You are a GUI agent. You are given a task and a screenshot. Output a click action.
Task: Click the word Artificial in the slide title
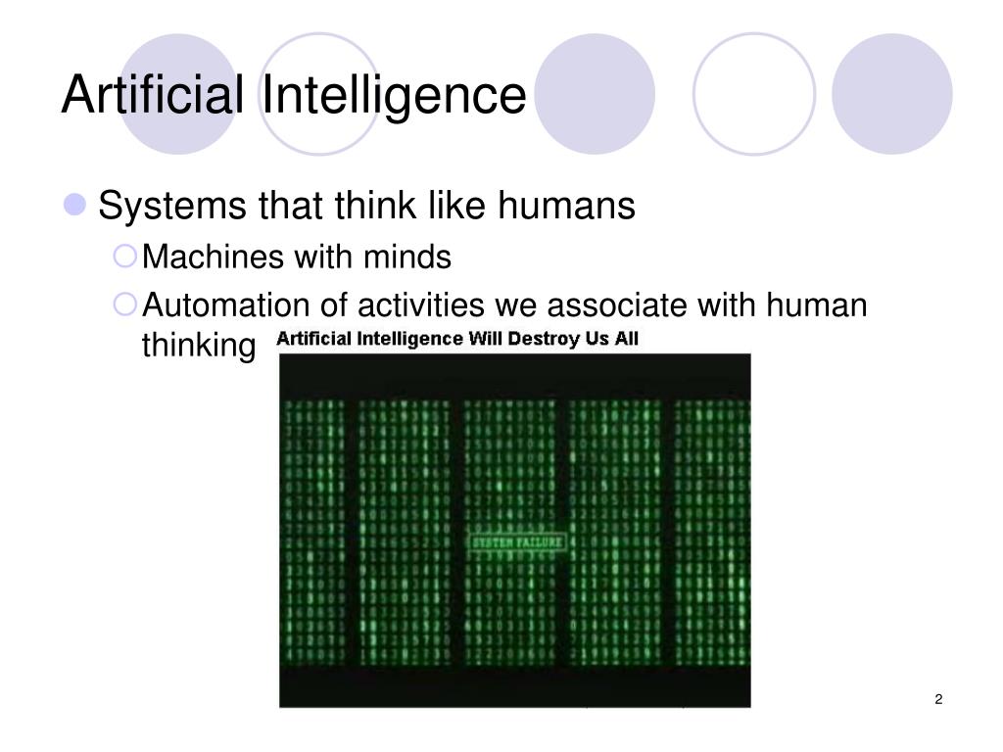(x=152, y=96)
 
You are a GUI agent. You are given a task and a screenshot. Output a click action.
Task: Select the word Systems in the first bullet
(x=171, y=207)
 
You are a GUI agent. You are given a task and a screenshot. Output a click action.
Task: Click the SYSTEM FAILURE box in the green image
(x=518, y=541)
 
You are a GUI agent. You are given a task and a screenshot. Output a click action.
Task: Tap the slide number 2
(x=938, y=698)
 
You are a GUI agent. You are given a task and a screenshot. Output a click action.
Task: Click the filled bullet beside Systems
(x=77, y=207)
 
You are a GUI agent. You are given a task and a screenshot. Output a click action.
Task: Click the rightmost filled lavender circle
(x=891, y=94)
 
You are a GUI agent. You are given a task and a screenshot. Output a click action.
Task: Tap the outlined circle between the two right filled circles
(x=753, y=94)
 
